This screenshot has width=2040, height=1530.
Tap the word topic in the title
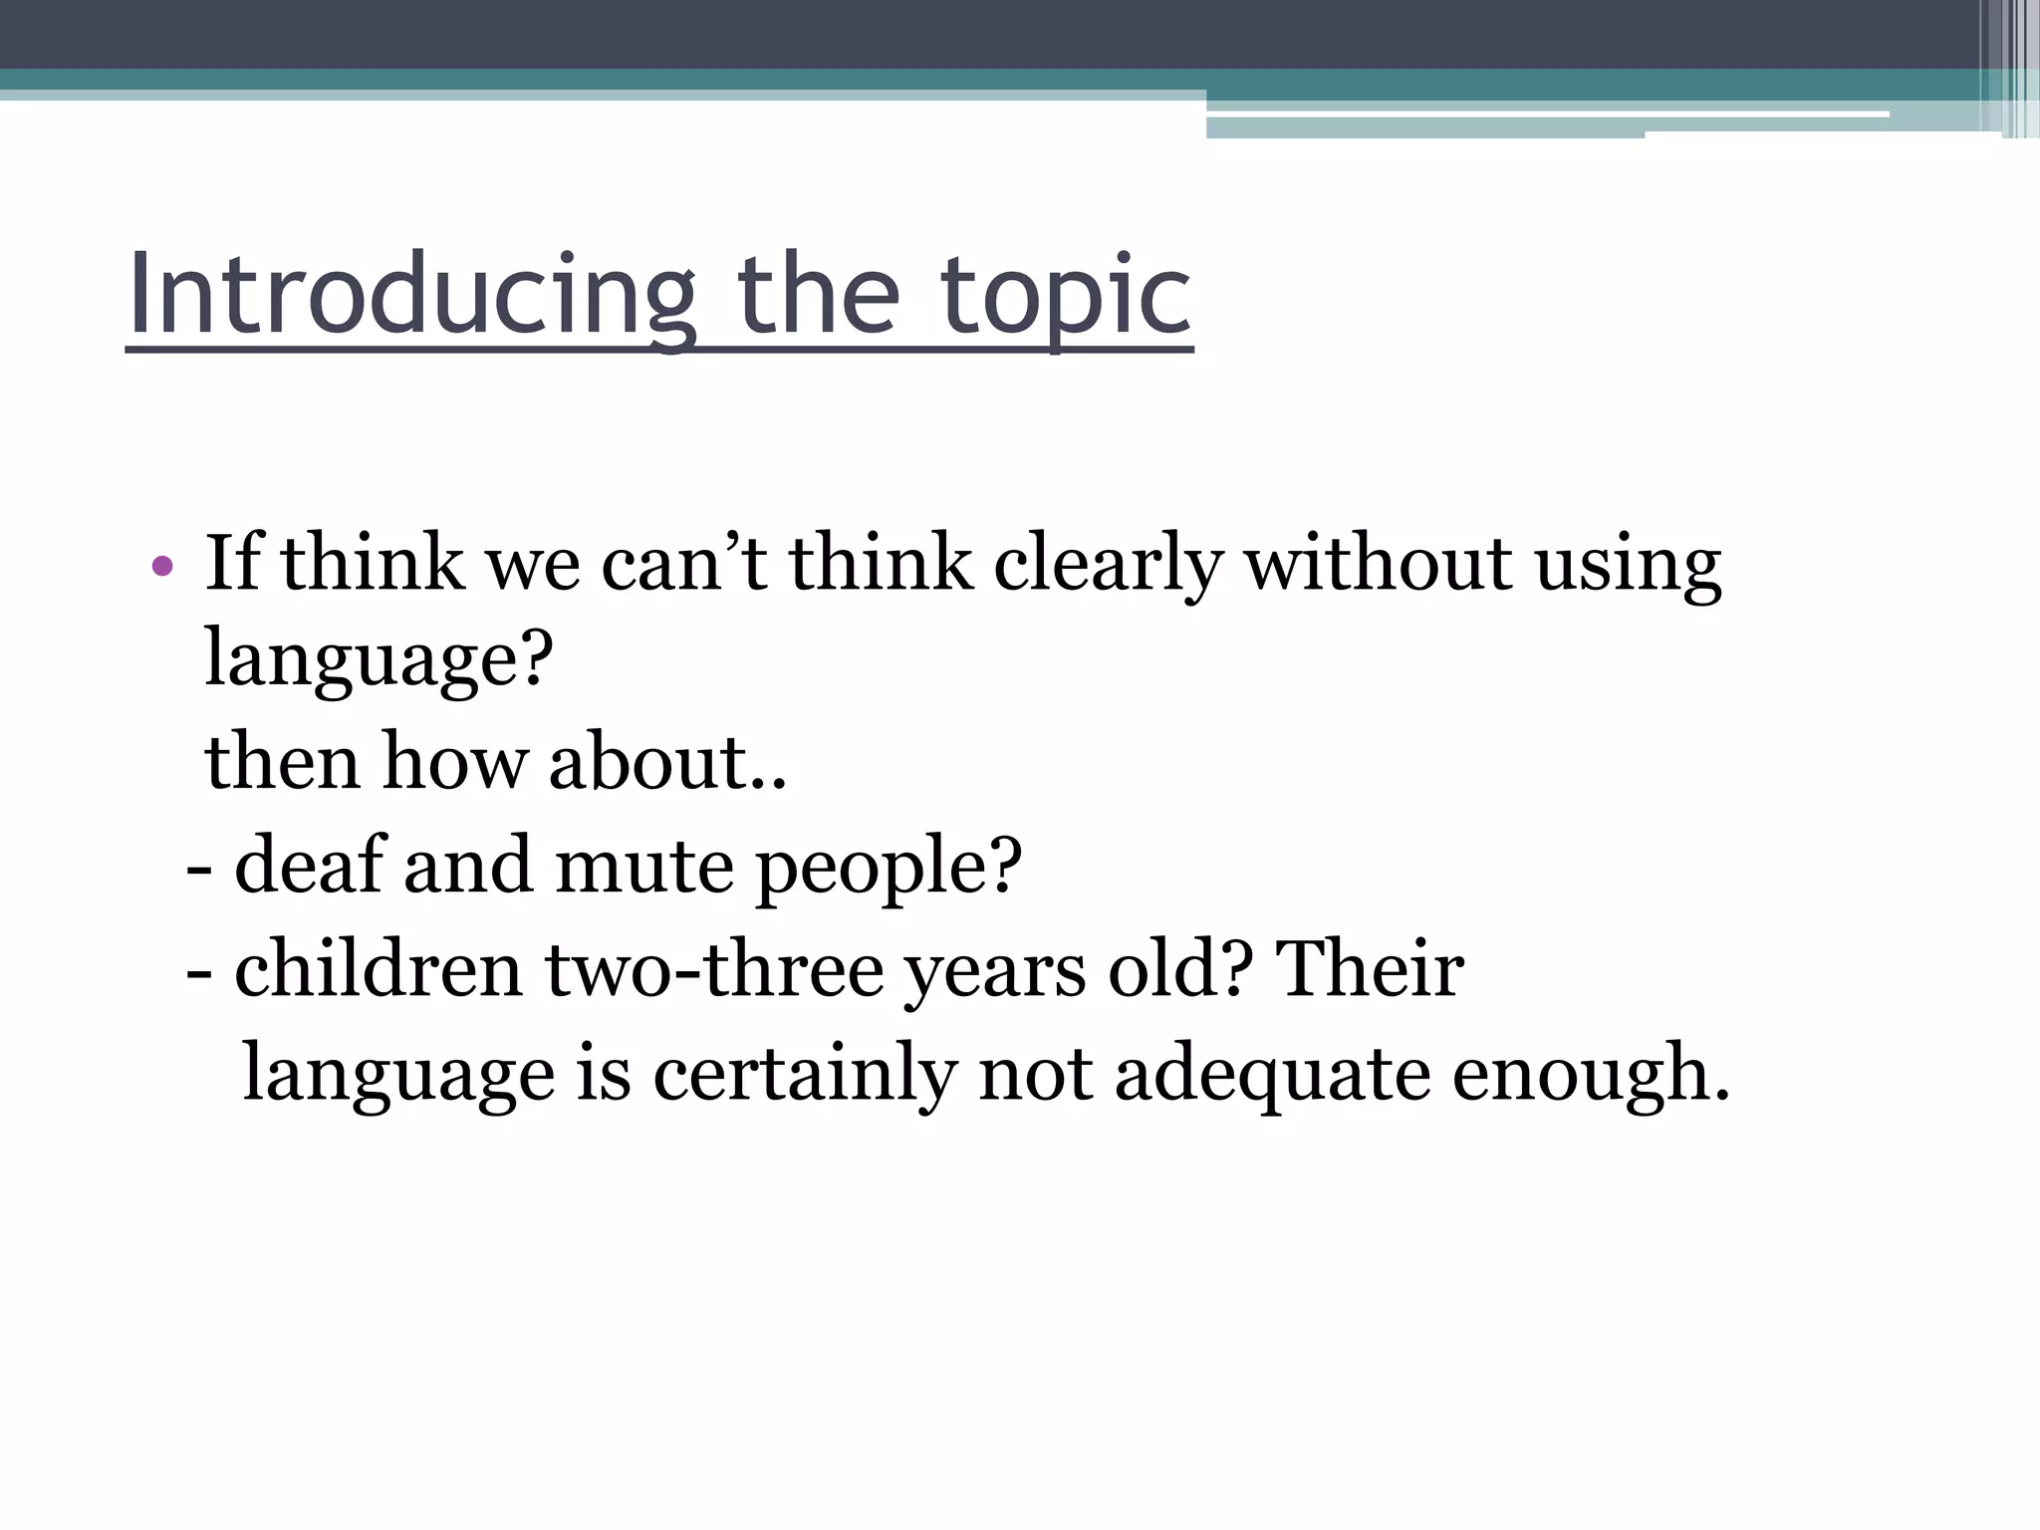pyautogui.click(x=1066, y=295)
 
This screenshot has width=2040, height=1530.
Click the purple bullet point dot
pyautogui.click(x=161, y=567)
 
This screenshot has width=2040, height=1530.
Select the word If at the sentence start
pyautogui.click(x=232, y=563)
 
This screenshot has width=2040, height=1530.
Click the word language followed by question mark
pyautogui.click(x=379, y=660)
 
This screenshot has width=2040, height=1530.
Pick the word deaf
pyautogui.click(x=309, y=864)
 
